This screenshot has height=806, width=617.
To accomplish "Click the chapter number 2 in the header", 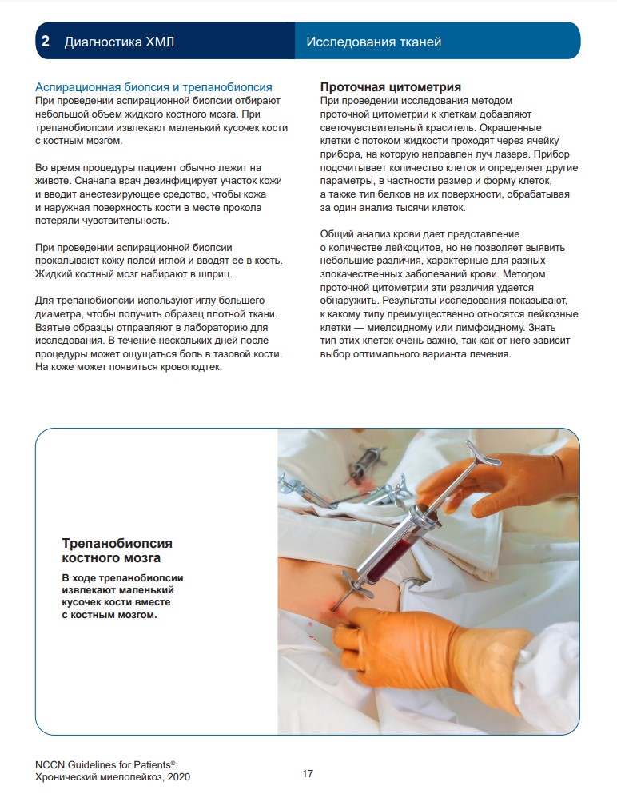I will [x=46, y=42].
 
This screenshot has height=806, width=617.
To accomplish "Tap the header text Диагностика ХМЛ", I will [x=119, y=42].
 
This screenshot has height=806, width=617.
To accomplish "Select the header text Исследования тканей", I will [x=373, y=42].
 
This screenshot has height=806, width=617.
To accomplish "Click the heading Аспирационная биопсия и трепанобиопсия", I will [x=154, y=87].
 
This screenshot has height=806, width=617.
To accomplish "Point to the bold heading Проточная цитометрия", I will [x=390, y=87].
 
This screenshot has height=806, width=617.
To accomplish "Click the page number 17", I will [x=308, y=774].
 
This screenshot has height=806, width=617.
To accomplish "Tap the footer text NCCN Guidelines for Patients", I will [x=110, y=764].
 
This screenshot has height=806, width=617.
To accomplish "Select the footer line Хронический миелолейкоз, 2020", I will [x=113, y=777].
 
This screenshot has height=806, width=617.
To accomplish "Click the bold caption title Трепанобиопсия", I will [x=128, y=544].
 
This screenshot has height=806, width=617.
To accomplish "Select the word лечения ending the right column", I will [x=488, y=353].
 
